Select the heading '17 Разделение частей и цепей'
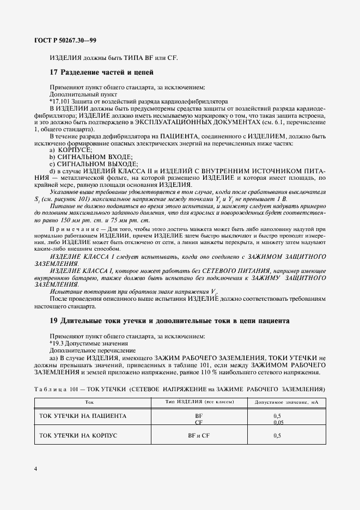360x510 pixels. pos(101,72)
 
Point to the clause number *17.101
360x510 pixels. pos(60,101)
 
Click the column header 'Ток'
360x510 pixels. pos(89,402)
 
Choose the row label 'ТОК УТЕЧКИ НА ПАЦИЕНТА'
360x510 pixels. pos(76,416)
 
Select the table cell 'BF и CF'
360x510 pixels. pos(199,435)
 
